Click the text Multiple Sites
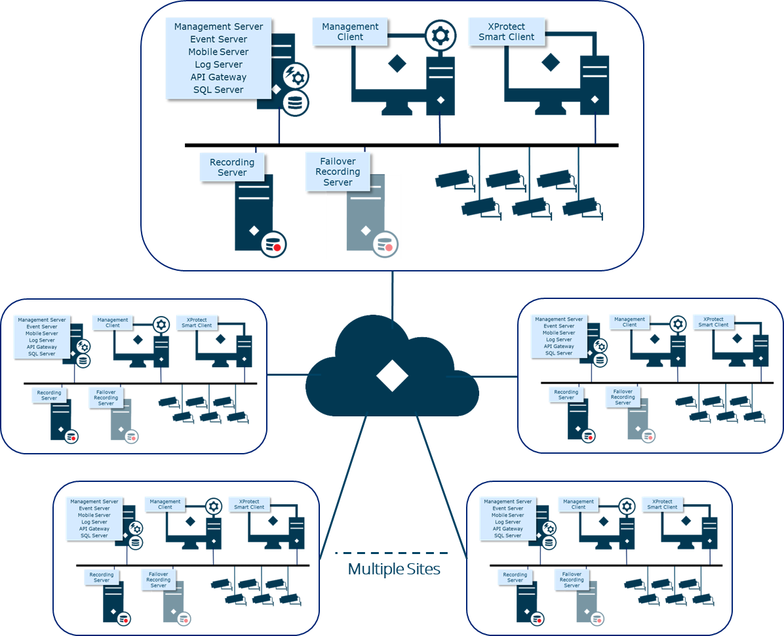tap(394, 569)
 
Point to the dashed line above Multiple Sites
tap(392, 553)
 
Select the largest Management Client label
tap(350, 31)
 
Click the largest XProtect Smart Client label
tap(506, 31)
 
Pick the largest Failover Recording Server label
tap(338, 172)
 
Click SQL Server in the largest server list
tap(218, 90)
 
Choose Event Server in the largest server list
tap(218, 39)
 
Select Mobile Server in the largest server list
tap(218, 52)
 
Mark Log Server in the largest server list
tap(218, 64)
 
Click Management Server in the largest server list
tap(218, 27)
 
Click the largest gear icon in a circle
tap(440, 33)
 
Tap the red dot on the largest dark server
tap(277, 247)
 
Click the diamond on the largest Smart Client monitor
tap(549, 63)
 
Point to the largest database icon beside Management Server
tap(296, 103)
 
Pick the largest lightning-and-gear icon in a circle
tap(296, 76)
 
